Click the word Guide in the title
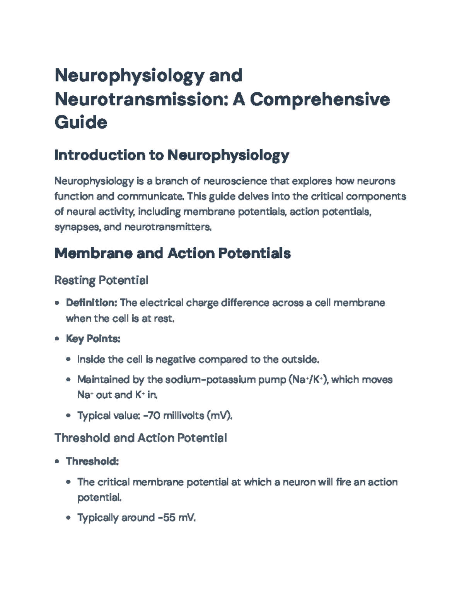click(x=81, y=123)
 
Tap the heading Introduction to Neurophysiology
click(x=172, y=155)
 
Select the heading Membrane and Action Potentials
click(x=172, y=253)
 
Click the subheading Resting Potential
click(x=101, y=280)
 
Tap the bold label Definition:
click(x=92, y=303)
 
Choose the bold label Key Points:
click(x=93, y=339)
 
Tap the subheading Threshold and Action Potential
click(x=141, y=438)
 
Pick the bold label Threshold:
click(x=92, y=461)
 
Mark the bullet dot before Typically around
click(x=68, y=518)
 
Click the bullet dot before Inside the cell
click(x=68, y=360)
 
